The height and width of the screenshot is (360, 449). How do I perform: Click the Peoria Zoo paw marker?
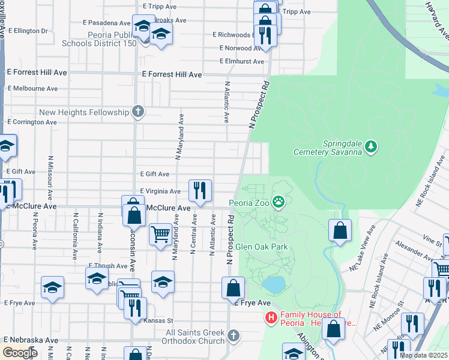[279, 202]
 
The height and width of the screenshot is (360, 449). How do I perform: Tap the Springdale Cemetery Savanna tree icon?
[372, 145]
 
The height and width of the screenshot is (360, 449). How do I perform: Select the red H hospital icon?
[271, 318]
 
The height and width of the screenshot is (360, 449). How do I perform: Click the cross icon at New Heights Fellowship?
[138, 112]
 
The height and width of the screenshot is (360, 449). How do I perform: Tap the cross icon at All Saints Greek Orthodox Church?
[234, 335]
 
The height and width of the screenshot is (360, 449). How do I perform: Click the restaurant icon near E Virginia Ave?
[200, 190]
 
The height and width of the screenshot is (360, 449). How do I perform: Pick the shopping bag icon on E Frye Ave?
[233, 288]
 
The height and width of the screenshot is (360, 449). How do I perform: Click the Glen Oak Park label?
[262, 247]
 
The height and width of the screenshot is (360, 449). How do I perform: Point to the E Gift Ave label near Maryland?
[154, 174]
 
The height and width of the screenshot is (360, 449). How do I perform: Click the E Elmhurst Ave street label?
[242, 61]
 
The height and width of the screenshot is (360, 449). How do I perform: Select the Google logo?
[20, 353]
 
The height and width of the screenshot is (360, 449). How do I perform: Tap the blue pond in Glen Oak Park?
[273, 285]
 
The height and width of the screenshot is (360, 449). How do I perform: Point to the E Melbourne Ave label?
[32, 88]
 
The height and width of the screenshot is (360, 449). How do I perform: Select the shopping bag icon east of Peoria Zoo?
[340, 230]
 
